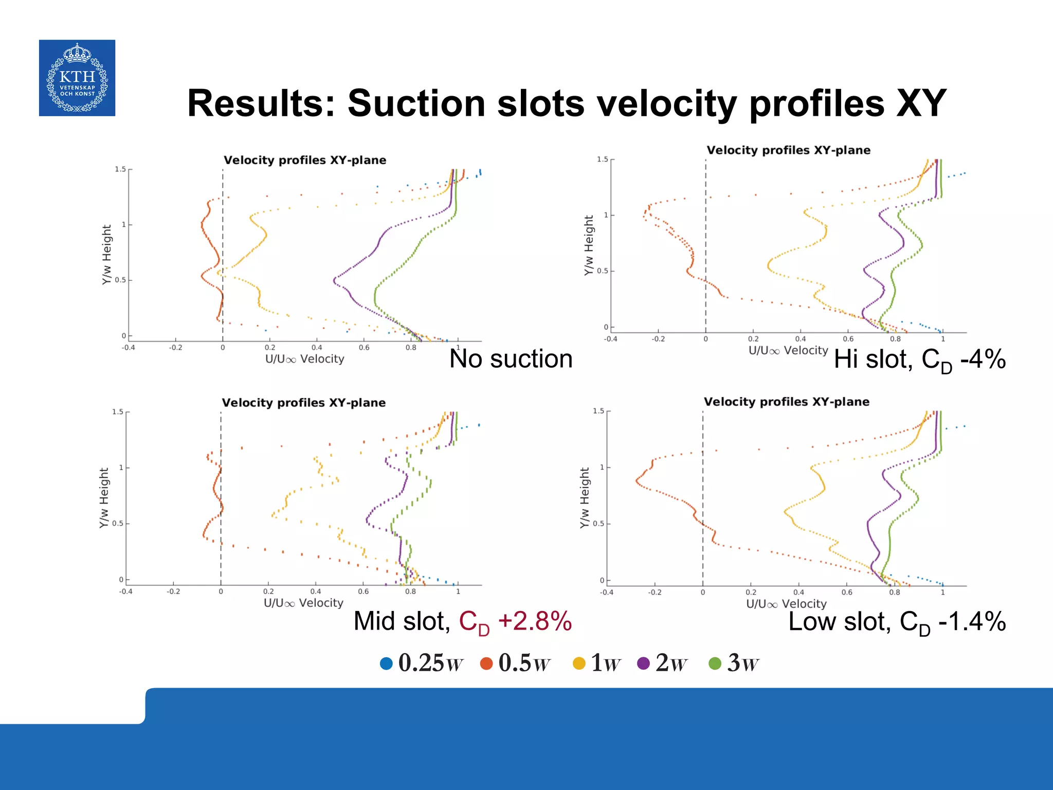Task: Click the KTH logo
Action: (x=77, y=78)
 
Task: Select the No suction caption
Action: (x=511, y=358)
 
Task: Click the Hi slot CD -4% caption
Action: (x=919, y=360)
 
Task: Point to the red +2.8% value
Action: (x=535, y=621)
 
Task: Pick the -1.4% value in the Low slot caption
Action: (x=972, y=621)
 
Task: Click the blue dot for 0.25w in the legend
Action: (x=386, y=663)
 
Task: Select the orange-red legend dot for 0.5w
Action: (x=486, y=663)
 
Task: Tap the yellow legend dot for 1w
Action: (x=579, y=663)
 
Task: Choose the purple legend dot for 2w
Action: (x=643, y=663)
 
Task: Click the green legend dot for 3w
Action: (x=715, y=663)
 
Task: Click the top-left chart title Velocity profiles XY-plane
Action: (x=304, y=160)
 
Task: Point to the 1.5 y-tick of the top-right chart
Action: (x=602, y=159)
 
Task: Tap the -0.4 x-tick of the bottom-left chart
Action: (x=126, y=591)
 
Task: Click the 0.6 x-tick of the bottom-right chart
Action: (x=846, y=592)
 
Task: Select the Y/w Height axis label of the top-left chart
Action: (x=106, y=254)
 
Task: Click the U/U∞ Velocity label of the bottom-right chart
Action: (x=786, y=604)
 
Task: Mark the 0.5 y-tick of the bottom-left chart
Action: (x=118, y=524)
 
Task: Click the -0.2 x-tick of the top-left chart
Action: (x=175, y=348)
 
